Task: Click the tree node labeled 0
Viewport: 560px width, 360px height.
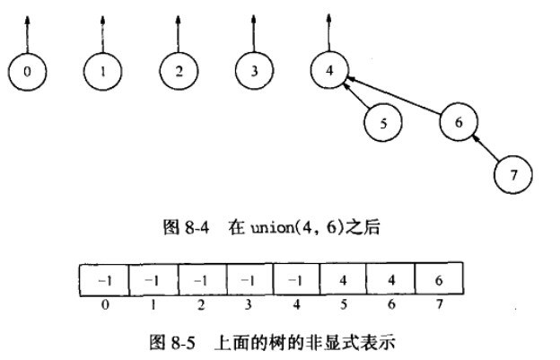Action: pos(29,72)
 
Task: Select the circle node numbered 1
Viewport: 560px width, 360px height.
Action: pos(103,72)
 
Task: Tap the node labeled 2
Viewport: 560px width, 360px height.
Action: pos(179,72)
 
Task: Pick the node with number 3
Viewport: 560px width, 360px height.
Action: pos(256,72)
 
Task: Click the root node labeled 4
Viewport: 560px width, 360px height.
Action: pos(330,71)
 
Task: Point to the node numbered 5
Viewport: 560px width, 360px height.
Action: pos(383,124)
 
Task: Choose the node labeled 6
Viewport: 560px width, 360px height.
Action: pos(459,123)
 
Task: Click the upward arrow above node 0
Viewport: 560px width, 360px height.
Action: pos(29,31)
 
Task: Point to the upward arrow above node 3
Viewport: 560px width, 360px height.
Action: pos(256,31)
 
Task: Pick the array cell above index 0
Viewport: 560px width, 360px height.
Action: pos(104,280)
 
